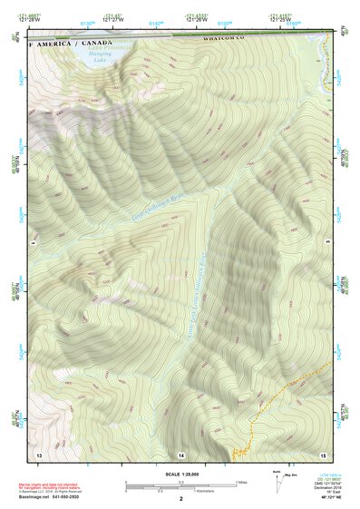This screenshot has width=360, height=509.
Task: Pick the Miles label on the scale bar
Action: click(240, 481)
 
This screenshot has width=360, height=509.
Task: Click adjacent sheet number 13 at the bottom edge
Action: click(38, 453)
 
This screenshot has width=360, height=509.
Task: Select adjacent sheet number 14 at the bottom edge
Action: click(180, 453)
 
